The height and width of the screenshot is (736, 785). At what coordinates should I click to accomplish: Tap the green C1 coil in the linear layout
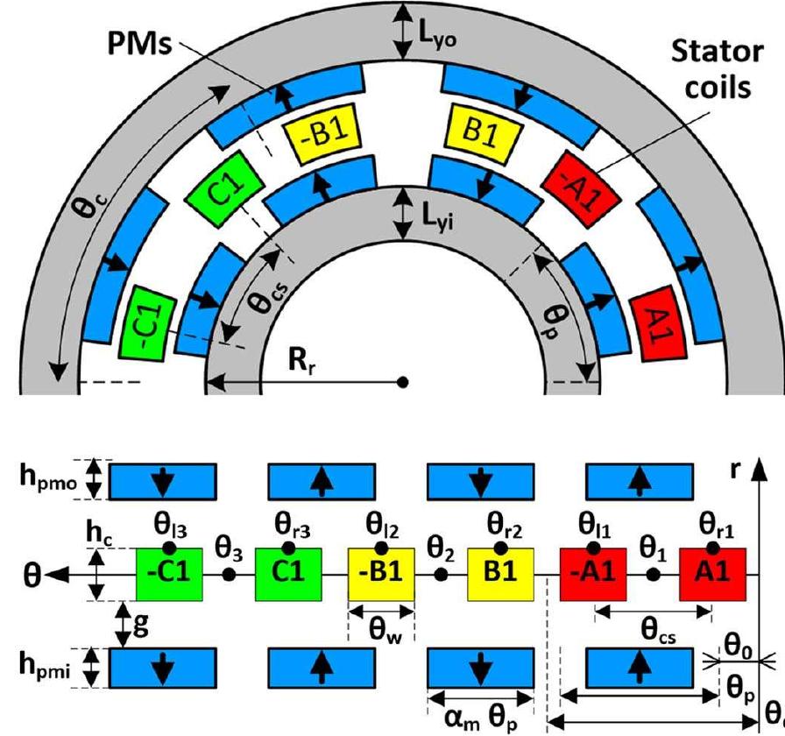coord(288,574)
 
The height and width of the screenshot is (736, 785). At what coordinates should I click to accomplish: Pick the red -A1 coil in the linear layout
coord(593,574)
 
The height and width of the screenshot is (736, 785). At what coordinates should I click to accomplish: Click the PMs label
coord(139,44)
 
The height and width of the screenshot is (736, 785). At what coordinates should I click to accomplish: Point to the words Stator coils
coord(718,69)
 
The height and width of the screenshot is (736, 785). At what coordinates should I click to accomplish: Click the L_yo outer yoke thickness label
coord(437,37)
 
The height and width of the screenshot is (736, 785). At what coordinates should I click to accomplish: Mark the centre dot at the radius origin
coord(402,383)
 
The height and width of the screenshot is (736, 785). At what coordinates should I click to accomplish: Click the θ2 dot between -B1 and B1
coord(441,575)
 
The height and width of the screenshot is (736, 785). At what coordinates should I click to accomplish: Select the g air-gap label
coord(141,626)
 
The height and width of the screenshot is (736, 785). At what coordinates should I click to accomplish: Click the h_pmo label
coord(48,478)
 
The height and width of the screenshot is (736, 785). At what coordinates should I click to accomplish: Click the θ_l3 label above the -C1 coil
coord(171,528)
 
